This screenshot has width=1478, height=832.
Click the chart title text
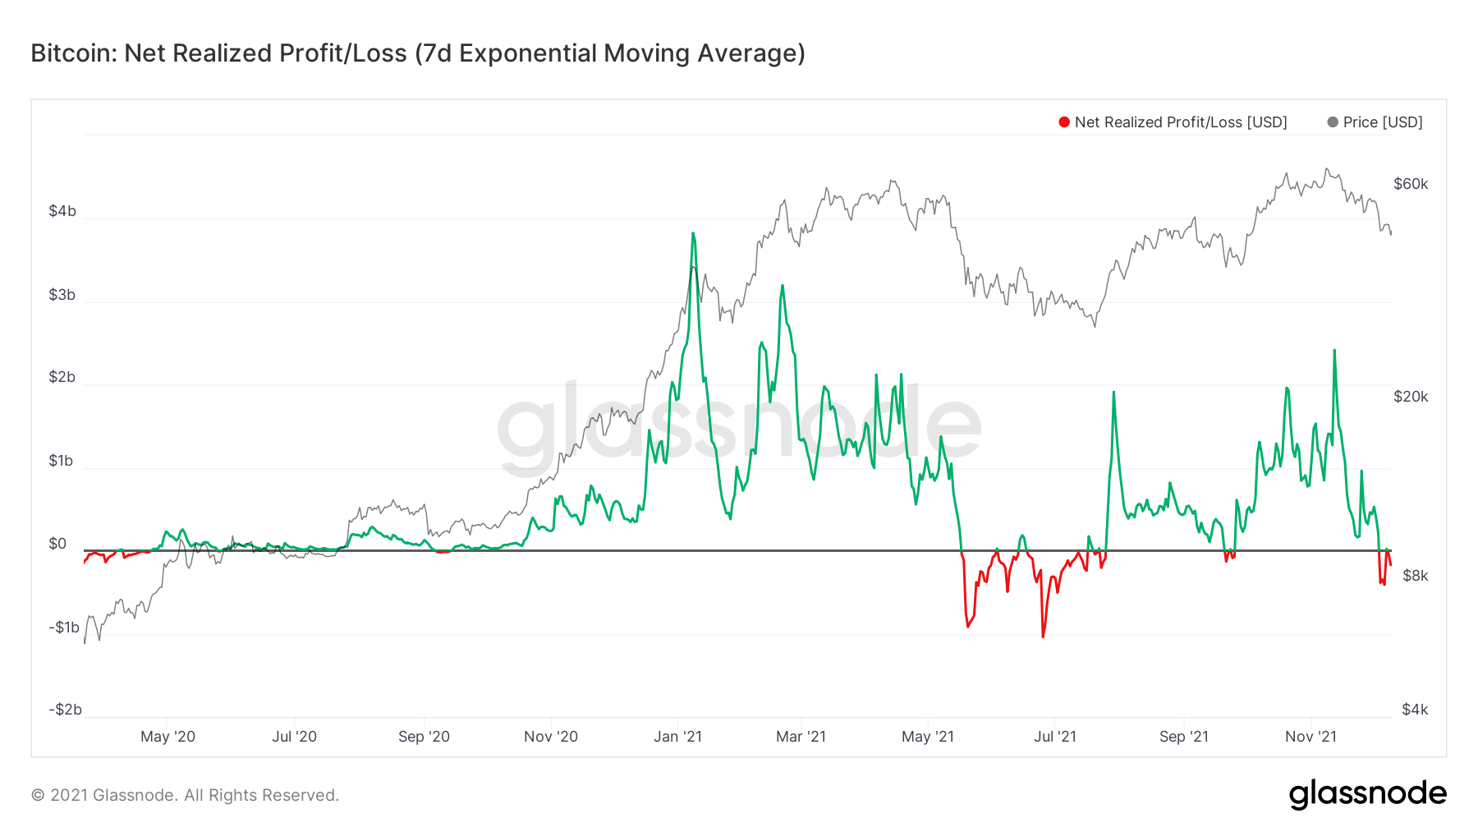click(x=417, y=53)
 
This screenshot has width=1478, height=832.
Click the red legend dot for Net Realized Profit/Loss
click(x=1064, y=122)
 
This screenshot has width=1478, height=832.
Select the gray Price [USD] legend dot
click(x=1333, y=122)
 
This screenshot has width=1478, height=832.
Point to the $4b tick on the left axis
click(x=62, y=211)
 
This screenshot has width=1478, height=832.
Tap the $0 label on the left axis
click(x=57, y=544)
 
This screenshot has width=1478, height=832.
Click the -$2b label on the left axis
click(x=65, y=710)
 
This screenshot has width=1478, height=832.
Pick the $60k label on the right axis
click(x=1411, y=184)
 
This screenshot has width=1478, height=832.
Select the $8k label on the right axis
click(x=1415, y=576)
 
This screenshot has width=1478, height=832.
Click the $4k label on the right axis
click(x=1415, y=710)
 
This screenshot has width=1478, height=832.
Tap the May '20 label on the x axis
click(x=168, y=737)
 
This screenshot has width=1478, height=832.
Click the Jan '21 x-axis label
click(x=677, y=737)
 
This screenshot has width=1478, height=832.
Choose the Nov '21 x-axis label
click(x=1310, y=737)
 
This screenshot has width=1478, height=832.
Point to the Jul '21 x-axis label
click(x=1054, y=737)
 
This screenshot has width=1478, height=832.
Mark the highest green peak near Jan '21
click(x=693, y=233)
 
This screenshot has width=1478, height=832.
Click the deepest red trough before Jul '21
click(x=1043, y=637)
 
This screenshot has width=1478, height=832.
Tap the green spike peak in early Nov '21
click(x=1334, y=350)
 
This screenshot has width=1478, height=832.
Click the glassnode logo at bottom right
click(x=1367, y=794)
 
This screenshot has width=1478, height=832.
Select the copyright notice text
click(x=185, y=795)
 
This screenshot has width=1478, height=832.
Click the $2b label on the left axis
click(x=62, y=377)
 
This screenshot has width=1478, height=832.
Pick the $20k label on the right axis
click(x=1411, y=397)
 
